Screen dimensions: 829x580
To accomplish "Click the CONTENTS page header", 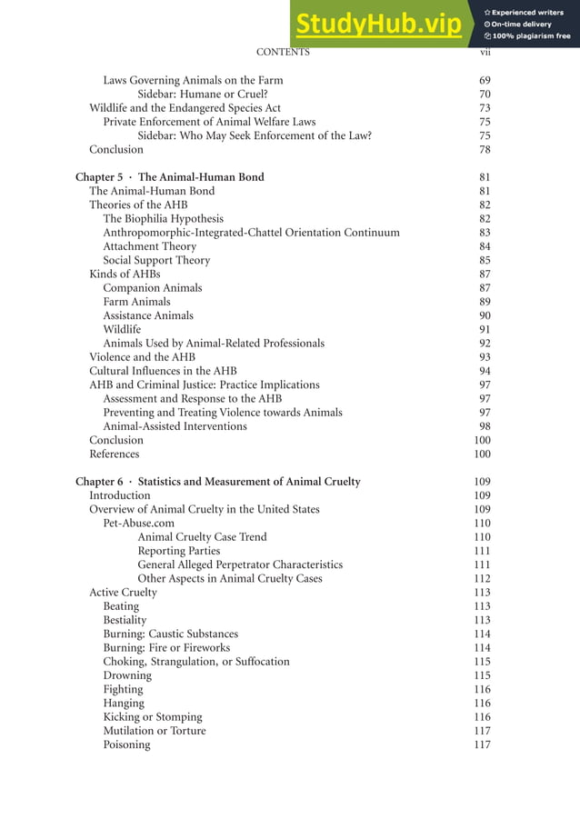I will (283, 53).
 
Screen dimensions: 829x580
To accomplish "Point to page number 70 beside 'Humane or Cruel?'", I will (485, 95).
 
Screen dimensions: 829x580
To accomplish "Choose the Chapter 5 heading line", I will (170, 177).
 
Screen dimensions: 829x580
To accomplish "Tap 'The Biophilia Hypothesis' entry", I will (163, 219).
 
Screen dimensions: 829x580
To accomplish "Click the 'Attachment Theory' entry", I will (149, 246).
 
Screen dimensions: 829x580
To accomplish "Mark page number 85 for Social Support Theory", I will (485, 260).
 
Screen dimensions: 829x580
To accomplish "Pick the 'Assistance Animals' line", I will (148, 315).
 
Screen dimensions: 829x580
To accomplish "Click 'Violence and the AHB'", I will (142, 357).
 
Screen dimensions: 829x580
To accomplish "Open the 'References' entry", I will (115, 454).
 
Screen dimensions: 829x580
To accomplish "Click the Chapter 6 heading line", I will (217, 482).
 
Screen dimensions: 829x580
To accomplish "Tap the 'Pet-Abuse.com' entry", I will (138, 524).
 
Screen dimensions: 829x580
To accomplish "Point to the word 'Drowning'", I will (127, 675).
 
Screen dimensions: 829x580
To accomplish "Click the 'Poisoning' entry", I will (126, 744).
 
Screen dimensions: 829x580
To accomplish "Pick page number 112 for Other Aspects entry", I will (482, 579).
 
